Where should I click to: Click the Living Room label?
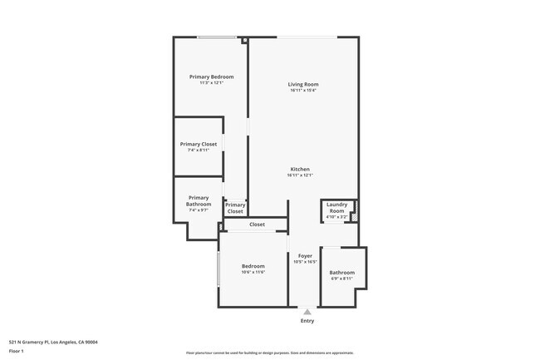click(x=303, y=84)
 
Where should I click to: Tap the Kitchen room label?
click(x=299, y=169)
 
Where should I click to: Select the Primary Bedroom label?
click(x=211, y=76)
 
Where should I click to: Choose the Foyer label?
click(x=305, y=255)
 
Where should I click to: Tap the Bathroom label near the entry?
click(x=341, y=272)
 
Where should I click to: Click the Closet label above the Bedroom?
click(x=257, y=224)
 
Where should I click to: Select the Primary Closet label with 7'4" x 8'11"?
click(x=199, y=144)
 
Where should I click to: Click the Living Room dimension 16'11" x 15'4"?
click(x=303, y=91)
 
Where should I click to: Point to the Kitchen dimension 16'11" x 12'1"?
click(x=299, y=175)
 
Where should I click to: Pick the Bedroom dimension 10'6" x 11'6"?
click(x=253, y=273)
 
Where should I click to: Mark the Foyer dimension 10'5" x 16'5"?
click(x=305, y=262)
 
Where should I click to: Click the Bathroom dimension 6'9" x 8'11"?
click(x=341, y=279)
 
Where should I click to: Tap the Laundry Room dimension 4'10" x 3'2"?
click(x=336, y=218)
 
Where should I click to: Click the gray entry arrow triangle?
click(x=307, y=312)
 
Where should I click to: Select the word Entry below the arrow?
click(x=307, y=321)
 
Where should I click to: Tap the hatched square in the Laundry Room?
click(x=353, y=218)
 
